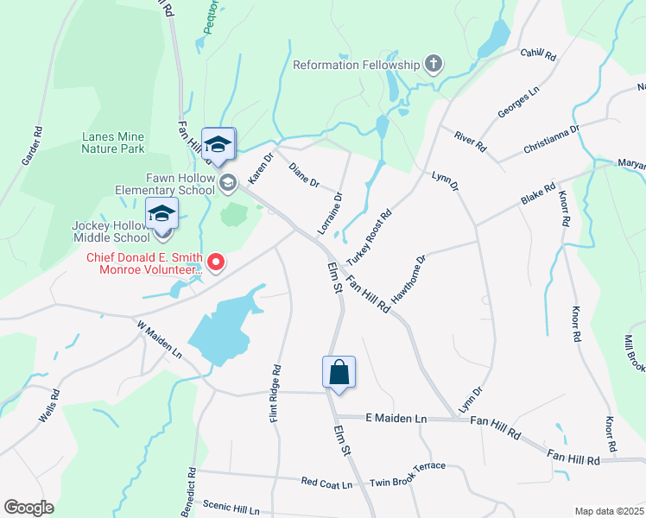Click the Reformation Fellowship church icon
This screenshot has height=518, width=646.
tap(433, 64)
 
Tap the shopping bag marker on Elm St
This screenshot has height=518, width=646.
tap(339, 373)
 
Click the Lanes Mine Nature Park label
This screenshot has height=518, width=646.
tap(112, 142)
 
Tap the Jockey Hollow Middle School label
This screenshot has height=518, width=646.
tap(112, 231)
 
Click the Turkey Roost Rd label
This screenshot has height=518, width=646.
tap(369, 238)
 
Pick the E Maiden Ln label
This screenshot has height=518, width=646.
tap(396, 418)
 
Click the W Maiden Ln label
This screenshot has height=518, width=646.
tap(159, 340)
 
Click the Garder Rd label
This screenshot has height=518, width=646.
tap(32, 146)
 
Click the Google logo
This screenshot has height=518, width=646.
tap(28, 508)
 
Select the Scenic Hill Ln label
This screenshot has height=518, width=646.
tap(231, 508)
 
